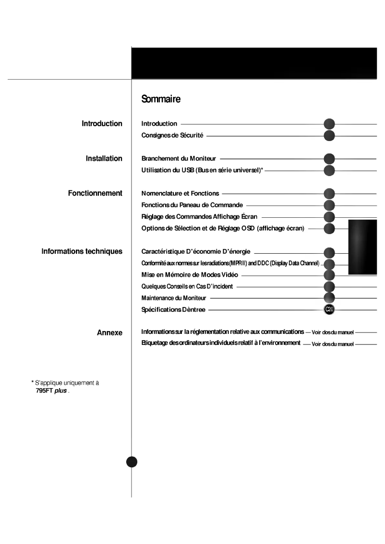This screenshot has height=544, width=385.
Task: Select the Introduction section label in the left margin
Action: tap(102, 124)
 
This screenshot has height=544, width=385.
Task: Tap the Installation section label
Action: tap(104, 158)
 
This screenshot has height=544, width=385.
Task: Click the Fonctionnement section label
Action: tap(95, 193)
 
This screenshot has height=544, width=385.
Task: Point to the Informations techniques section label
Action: tap(82, 251)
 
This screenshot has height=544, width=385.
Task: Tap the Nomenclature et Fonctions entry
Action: tap(180, 193)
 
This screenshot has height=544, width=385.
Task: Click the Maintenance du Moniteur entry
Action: tap(174, 298)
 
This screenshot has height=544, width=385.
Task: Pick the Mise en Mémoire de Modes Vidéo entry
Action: tap(190, 275)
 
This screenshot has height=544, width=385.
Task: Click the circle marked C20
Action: tap(329, 310)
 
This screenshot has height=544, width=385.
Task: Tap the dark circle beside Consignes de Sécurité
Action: tap(329, 136)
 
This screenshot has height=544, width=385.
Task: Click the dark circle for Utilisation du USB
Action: tap(329, 170)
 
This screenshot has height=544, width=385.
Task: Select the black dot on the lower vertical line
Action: tap(132, 461)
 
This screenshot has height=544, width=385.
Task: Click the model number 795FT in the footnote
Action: tap(44, 390)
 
